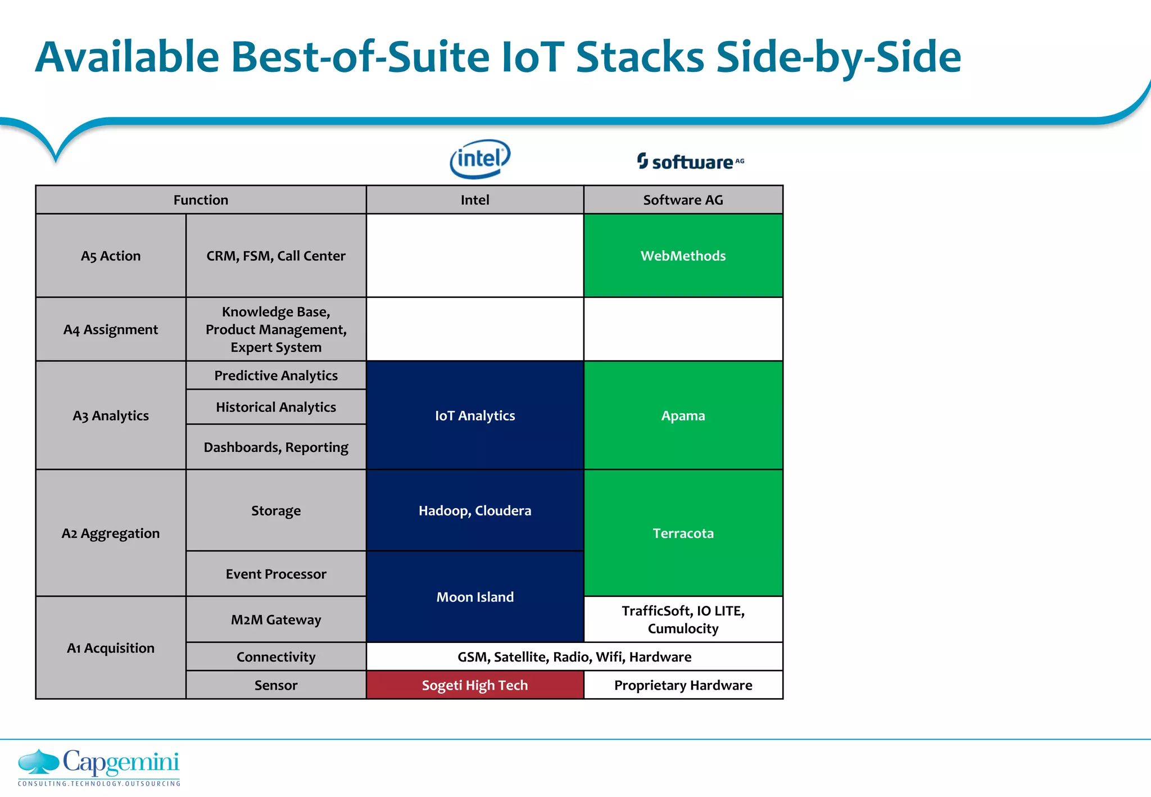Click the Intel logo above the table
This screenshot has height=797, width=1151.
coord(479,159)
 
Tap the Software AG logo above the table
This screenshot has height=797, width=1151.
coord(690,162)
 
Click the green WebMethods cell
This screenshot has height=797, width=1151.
coord(683,256)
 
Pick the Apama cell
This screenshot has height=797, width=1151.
coord(683,415)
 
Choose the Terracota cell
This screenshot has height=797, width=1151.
coord(683,533)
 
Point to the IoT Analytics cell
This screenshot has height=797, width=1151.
coord(475,415)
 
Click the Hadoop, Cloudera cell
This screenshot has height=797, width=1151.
coord(475,510)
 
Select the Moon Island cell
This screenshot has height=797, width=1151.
coord(475,597)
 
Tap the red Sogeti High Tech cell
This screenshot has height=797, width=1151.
coord(475,685)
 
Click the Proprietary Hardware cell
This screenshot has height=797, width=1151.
coord(683,685)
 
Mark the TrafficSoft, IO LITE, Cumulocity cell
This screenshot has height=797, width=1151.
coord(683,619)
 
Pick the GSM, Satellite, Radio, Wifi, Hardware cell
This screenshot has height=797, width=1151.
coord(574,656)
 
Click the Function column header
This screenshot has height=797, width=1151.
coord(201,200)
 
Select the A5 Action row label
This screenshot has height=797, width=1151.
coord(111,256)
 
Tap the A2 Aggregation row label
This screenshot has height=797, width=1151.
coord(111,533)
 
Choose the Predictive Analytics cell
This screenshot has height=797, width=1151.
coord(276,375)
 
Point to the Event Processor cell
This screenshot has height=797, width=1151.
coord(276,574)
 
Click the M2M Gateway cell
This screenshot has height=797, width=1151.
coord(276,619)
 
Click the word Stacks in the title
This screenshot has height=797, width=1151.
coord(640,57)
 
